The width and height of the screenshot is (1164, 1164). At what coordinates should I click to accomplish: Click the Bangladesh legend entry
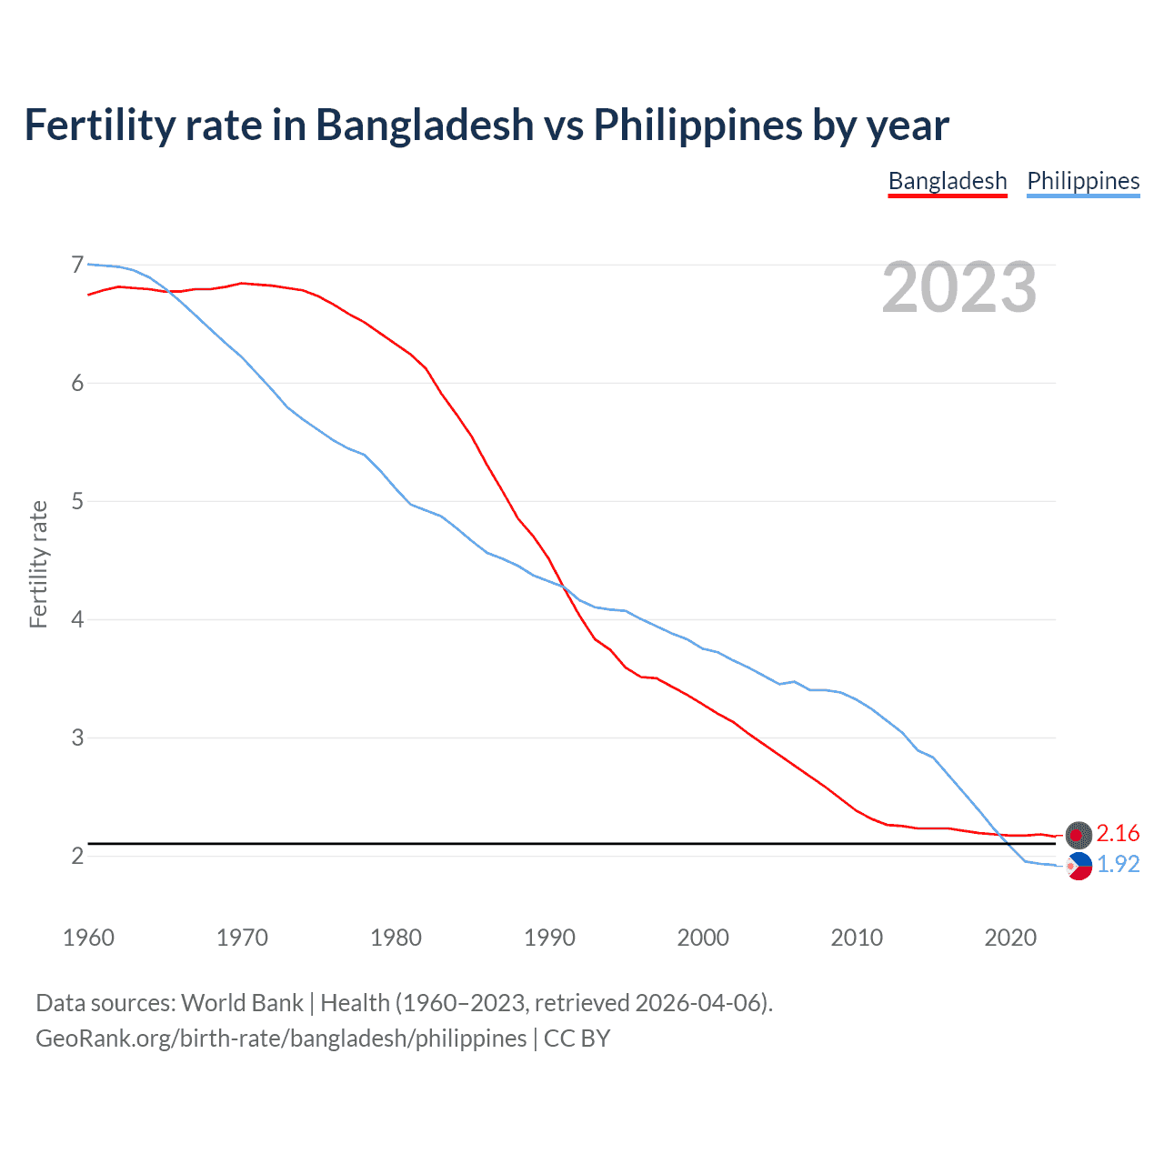(948, 181)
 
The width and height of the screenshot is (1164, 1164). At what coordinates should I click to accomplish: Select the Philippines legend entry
(1083, 181)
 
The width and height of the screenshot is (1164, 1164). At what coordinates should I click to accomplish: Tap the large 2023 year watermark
(959, 287)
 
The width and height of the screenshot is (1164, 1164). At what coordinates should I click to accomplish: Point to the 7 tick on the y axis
(77, 265)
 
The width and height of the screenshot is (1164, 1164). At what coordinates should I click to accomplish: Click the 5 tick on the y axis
(77, 501)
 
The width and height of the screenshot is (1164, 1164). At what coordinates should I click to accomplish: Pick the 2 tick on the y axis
(77, 856)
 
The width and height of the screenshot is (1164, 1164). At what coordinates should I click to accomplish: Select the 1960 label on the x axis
(88, 938)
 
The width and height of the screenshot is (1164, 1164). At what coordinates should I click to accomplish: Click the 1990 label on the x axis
(549, 938)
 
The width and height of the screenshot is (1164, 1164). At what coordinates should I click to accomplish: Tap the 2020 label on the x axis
(1010, 938)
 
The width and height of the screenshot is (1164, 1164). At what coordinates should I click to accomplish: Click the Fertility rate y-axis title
(38, 564)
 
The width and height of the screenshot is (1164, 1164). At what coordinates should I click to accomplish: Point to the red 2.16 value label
(1118, 834)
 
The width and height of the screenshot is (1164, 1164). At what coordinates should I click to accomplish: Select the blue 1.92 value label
(1118, 865)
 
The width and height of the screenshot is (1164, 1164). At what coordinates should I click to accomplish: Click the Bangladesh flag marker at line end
(1079, 834)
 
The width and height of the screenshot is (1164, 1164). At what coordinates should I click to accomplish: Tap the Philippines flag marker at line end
(1079, 867)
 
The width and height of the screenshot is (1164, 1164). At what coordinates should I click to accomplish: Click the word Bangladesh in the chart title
(425, 125)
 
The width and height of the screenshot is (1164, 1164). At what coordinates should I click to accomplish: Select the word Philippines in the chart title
(697, 125)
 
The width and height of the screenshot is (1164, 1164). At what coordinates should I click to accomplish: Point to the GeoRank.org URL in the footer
(281, 1039)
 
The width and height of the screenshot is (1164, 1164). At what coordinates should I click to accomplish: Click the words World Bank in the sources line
(242, 1003)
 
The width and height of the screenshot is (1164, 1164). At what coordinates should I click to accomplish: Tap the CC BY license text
(577, 1039)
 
